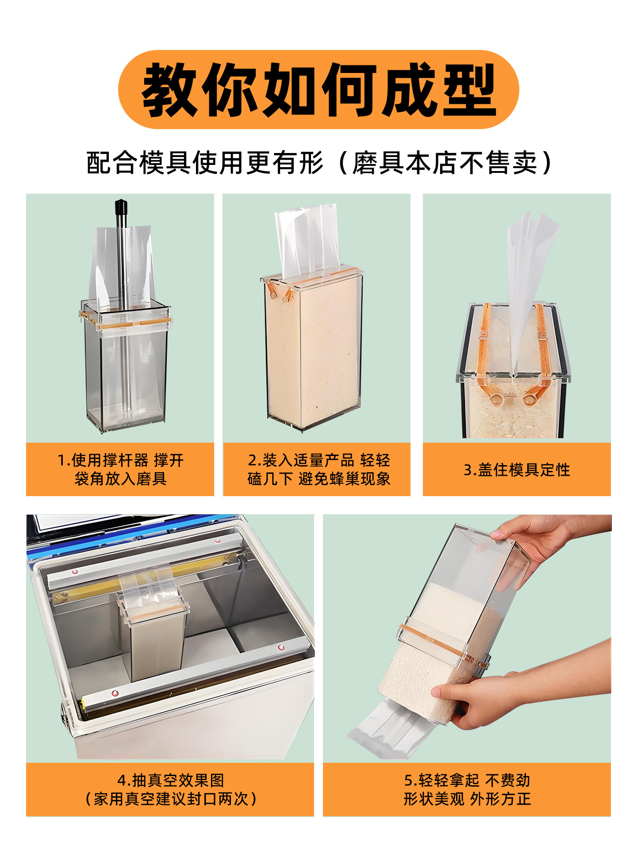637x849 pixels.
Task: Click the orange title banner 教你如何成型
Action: point(318,90)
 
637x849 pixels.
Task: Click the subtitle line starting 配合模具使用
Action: point(318,163)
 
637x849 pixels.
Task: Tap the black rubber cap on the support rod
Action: point(121,207)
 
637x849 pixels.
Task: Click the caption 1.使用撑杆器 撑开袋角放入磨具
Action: point(120,469)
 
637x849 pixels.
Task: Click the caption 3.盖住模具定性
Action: point(517,470)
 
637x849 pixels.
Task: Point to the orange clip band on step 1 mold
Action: point(126,323)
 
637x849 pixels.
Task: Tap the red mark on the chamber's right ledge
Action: point(281,648)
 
